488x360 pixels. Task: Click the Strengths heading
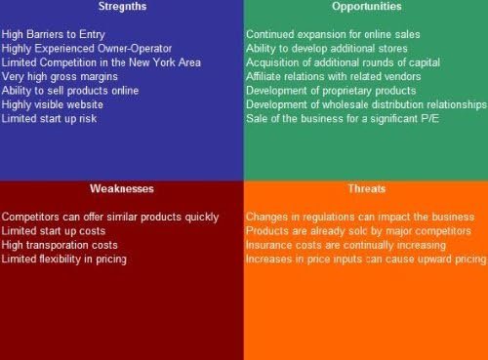(x=121, y=6)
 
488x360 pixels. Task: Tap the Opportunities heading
(x=365, y=6)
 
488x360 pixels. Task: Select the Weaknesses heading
(x=121, y=187)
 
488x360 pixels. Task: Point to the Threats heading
(x=365, y=187)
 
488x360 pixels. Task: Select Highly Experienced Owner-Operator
(x=87, y=48)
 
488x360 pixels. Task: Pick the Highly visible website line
(x=58, y=104)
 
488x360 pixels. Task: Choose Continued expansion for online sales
(x=333, y=34)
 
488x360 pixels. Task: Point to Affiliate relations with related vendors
(x=334, y=76)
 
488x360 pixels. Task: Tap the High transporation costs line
(x=61, y=245)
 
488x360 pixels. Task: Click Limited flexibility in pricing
(x=64, y=259)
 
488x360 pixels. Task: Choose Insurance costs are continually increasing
(x=345, y=245)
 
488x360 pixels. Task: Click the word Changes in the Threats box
(x=266, y=217)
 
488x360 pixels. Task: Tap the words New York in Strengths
(x=156, y=62)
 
